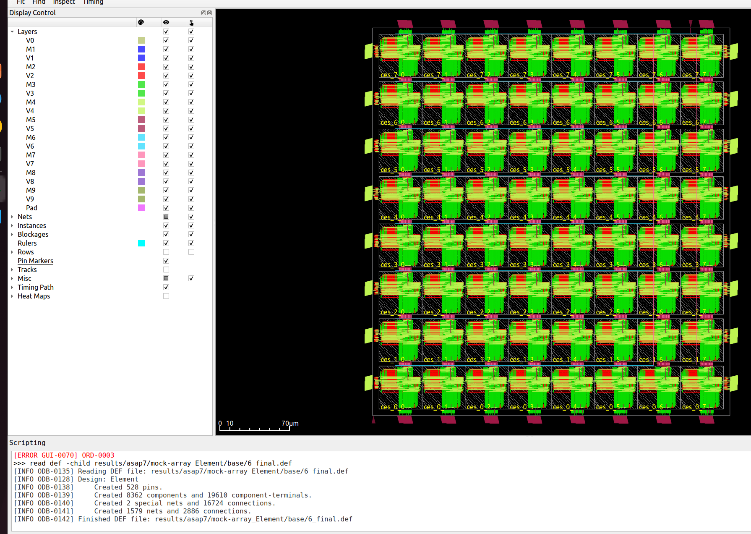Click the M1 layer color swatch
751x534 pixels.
(x=141, y=49)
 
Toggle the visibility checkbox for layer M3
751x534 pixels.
(x=166, y=84)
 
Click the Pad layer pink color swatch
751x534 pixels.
(x=141, y=208)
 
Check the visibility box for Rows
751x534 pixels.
(x=166, y=252)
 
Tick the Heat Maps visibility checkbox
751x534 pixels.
(x=166, y=296)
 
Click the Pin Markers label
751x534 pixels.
(x=35, y=261)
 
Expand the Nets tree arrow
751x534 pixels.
(x=12, y=217)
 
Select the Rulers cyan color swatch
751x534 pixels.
(x=141, y=243)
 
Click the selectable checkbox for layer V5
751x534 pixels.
(x=191, y=128)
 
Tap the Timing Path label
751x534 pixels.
(x=35, y=287)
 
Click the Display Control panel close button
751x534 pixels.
(x=210, y=13)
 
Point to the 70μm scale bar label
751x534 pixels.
(x=290, y=423)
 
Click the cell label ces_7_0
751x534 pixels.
(x=392, y=75)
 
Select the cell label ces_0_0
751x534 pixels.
(x=392, y=407)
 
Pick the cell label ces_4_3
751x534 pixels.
(x=522, y=217)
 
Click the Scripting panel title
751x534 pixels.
(x=27, y=442)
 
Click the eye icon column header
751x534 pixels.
(x=166, y=22)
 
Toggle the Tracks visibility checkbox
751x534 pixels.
(x=166, y=270)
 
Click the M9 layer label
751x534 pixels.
(x=31, y=190)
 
